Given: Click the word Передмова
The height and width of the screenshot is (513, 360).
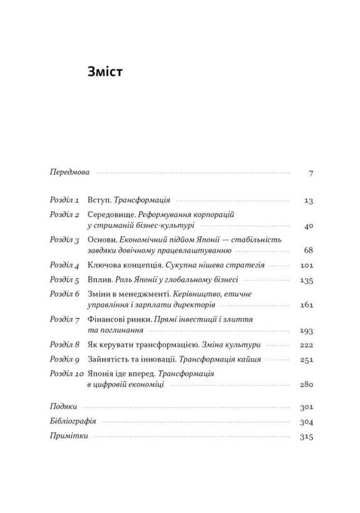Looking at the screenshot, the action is pyautogui.click(x=69, y=172).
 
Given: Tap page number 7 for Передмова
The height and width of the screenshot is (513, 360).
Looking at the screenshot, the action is pyautogui.click(x=310, y=172).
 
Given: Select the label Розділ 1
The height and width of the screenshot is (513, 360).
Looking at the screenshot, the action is pyautogui.click(x=64, y=200).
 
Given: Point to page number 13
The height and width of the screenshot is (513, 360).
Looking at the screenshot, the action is pyautogui.click(x=307, y=201).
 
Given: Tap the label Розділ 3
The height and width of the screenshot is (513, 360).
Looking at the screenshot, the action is pyautogui.click(x=64, y=240).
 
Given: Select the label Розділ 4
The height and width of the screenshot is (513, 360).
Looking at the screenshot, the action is pyautogui.click(x=64, y=265).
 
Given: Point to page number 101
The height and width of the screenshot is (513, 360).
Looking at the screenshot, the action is pyautogui.click(x=306, y=266).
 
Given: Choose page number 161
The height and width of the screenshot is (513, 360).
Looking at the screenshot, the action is pyautogui.click(x=306, y=305).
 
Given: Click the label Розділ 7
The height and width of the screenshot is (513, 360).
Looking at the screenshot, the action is pyautogui.click(x=64, y=319).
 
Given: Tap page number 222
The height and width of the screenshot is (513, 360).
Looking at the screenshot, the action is pyautogui.click(x=306, y=345).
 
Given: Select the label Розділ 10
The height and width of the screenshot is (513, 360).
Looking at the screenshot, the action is pyautogui.click(x=67, y=373).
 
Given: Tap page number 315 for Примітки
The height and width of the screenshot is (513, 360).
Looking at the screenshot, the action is pyautogui.click(x=306, y=437).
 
